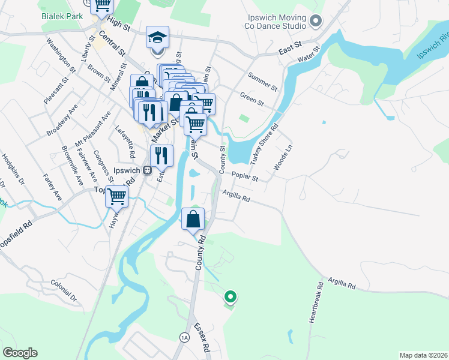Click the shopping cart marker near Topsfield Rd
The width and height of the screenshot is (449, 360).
pyautogui.click(x=116, y=196)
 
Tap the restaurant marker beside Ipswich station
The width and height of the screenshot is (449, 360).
pyautogui.click(x=161, y=156)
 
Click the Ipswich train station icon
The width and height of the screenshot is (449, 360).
pyautogui.click(x=146, y=170)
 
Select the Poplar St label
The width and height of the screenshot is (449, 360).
pyautogui.click(x=245, y=178)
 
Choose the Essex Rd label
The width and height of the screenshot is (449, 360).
pyautogui.click(x=201, y=338)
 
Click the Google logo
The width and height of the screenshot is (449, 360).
pyautogui.click(x=20, y=352)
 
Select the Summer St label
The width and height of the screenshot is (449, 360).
pyautogui.click(x=262, y=83)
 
